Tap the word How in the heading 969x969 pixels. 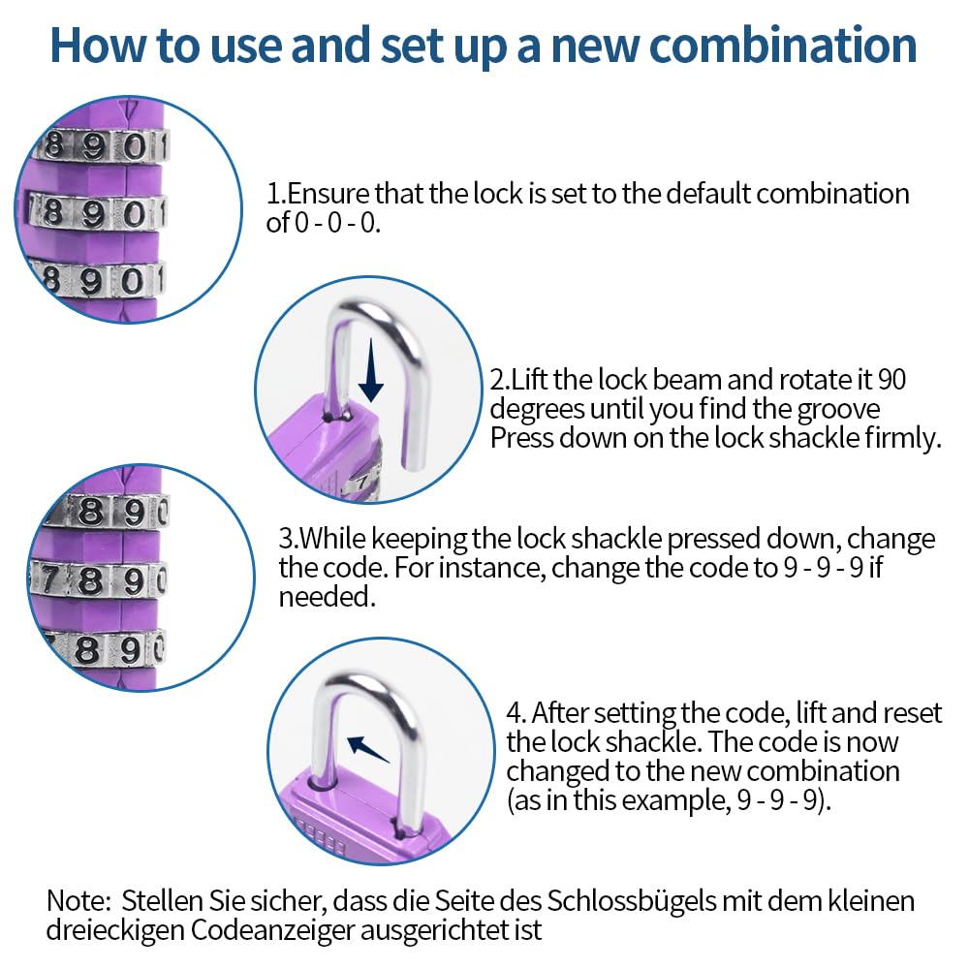click(x=99, y=46)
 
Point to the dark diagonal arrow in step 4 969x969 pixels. click(x=368, y=749)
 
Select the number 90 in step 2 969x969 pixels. click(x=891, y=380)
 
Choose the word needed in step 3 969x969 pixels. click(x=327, y=596)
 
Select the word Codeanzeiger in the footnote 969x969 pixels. click(x=271, y=930)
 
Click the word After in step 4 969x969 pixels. click(x=560, y=713)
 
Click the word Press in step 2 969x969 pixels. click(x=521, y=438)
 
